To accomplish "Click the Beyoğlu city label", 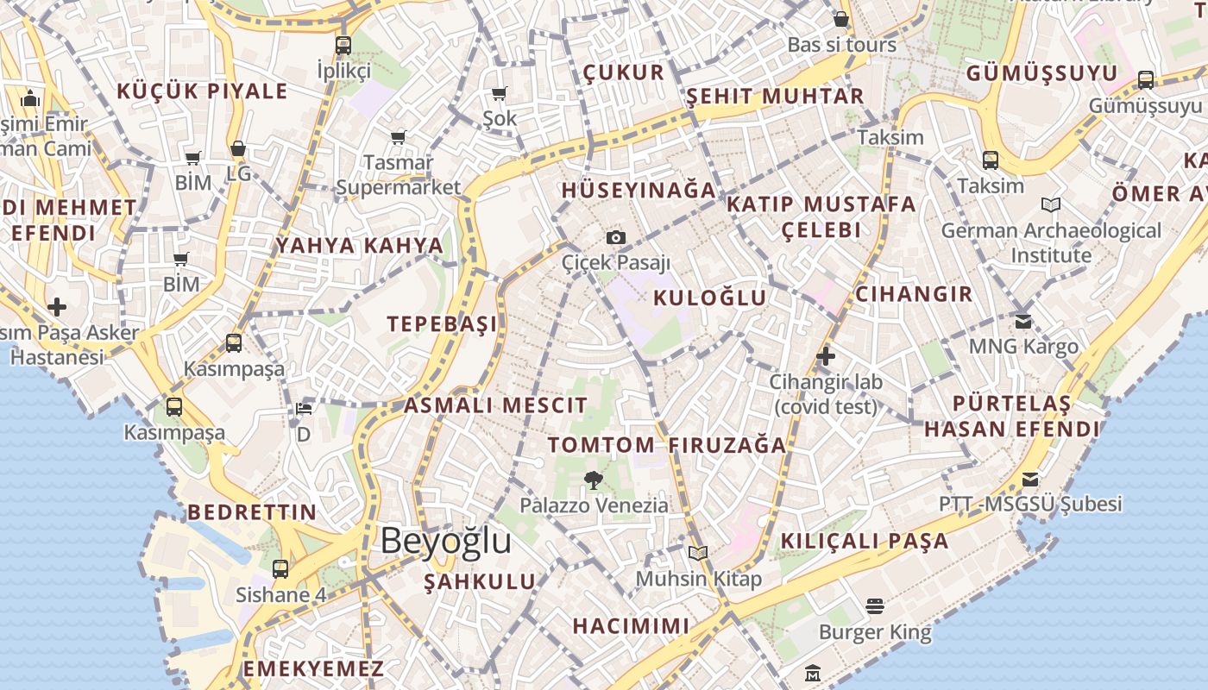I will point(445,542).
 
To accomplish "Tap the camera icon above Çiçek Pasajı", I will point(615,237).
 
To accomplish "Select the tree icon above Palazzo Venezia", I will point(593,480).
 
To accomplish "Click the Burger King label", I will point(875,632).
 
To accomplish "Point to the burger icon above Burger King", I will point(875,606).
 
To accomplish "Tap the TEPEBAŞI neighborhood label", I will point(443,324).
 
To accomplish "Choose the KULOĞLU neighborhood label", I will point(710,298).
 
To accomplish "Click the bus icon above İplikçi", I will point(343,46).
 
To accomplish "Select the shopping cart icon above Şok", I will point(500,93).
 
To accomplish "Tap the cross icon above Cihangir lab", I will point(826,355).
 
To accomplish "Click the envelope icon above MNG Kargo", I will point(1023,322).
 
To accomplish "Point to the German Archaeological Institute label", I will point(1051,242).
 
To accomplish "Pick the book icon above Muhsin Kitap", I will point(698,553).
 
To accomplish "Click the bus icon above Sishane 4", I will point(280,569).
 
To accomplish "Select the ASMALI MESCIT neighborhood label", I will point(495,405).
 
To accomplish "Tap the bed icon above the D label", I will point(304,409).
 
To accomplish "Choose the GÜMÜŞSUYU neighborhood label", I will point(1041,73).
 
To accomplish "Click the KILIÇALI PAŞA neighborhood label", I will point(865,542).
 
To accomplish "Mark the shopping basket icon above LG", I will point(238,148).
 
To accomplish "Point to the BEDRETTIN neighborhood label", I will point(252,512).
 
